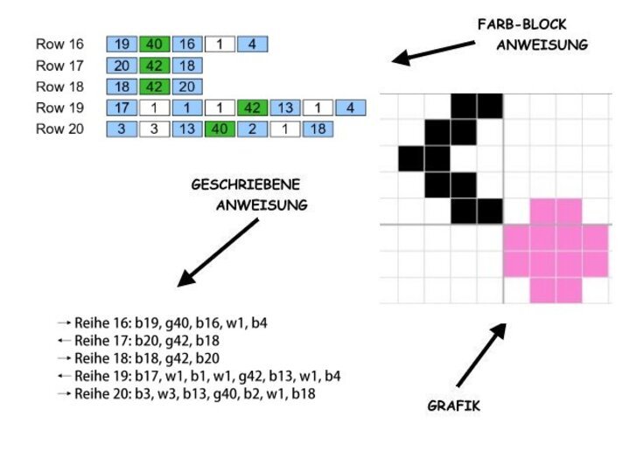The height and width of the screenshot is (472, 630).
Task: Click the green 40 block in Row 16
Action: pos(155,45)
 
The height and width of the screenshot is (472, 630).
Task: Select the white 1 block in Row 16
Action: pos(220,45)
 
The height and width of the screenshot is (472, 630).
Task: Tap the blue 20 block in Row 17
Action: pos(122,66)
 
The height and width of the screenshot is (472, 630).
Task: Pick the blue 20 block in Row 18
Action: pos(187,87)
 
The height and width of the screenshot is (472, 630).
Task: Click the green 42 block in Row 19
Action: pos(252,108)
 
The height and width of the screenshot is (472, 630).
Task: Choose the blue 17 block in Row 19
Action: pos(122,108)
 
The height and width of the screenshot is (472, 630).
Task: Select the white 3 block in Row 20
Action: pos(155,129)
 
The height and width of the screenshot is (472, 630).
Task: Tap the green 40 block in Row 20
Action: pos(220,129)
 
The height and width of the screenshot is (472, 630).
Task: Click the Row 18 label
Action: pos(59,87)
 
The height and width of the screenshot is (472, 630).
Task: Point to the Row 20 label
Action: pos(59,128)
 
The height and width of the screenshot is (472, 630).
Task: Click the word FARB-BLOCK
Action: pos(521,24)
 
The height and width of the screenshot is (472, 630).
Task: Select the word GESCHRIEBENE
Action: pos(246,184)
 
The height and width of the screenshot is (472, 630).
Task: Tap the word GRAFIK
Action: pos(453,406)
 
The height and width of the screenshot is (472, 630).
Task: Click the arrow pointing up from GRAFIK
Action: pos(481,355)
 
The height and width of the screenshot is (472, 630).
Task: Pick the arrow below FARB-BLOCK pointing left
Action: pos(433,52)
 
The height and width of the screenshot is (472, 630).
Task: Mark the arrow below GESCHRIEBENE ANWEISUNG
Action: pos(218,253)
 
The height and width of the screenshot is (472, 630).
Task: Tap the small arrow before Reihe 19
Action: pos(64,376)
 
